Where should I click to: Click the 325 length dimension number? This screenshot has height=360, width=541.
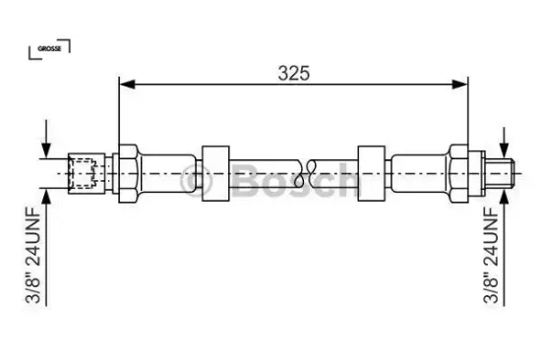[x=294, y=73]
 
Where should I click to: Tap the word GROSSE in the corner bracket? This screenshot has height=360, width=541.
[x=49, y=48]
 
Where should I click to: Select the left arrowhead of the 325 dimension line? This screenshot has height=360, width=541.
[x=127, y=84]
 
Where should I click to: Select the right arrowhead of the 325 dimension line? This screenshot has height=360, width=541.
[x=460, y=84]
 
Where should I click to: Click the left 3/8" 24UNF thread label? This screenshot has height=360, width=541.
[x=33, y=255]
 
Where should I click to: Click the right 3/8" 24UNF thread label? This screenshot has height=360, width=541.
[x=491, y=255]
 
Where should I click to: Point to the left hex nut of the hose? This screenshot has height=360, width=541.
[x=128, y=173]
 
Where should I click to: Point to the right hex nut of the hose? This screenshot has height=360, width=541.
[x=458, y=173]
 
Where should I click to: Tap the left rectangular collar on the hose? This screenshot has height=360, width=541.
[x=215, y=173]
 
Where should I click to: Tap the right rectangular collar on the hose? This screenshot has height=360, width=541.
[x=372, y=173]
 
